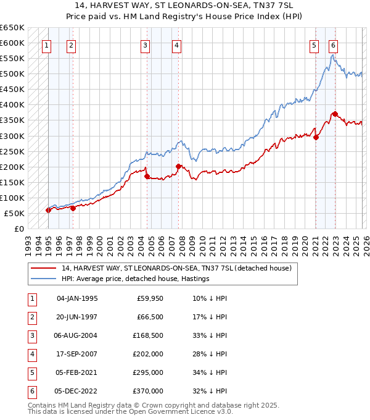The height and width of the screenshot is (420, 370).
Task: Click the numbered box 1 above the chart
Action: [47, 44]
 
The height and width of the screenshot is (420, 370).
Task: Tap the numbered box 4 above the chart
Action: [176, 44]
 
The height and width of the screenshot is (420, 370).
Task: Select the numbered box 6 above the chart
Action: [333, 44]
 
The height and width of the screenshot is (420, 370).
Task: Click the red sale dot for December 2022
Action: [335, 114]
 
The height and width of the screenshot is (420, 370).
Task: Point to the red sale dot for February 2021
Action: [316, 137]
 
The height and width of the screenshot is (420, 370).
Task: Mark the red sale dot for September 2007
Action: [178, 166]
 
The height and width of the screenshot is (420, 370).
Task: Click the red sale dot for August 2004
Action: [147, 177]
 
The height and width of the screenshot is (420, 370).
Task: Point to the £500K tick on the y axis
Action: [12, 74]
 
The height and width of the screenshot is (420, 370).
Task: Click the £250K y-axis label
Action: [12, 151]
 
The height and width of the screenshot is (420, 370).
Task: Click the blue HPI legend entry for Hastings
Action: [136, 279]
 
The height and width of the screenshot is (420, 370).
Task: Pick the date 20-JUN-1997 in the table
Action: [78, 317]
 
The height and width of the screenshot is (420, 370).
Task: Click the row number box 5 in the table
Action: [31, 372]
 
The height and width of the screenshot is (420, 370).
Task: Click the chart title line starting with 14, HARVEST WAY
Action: [185, 6]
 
